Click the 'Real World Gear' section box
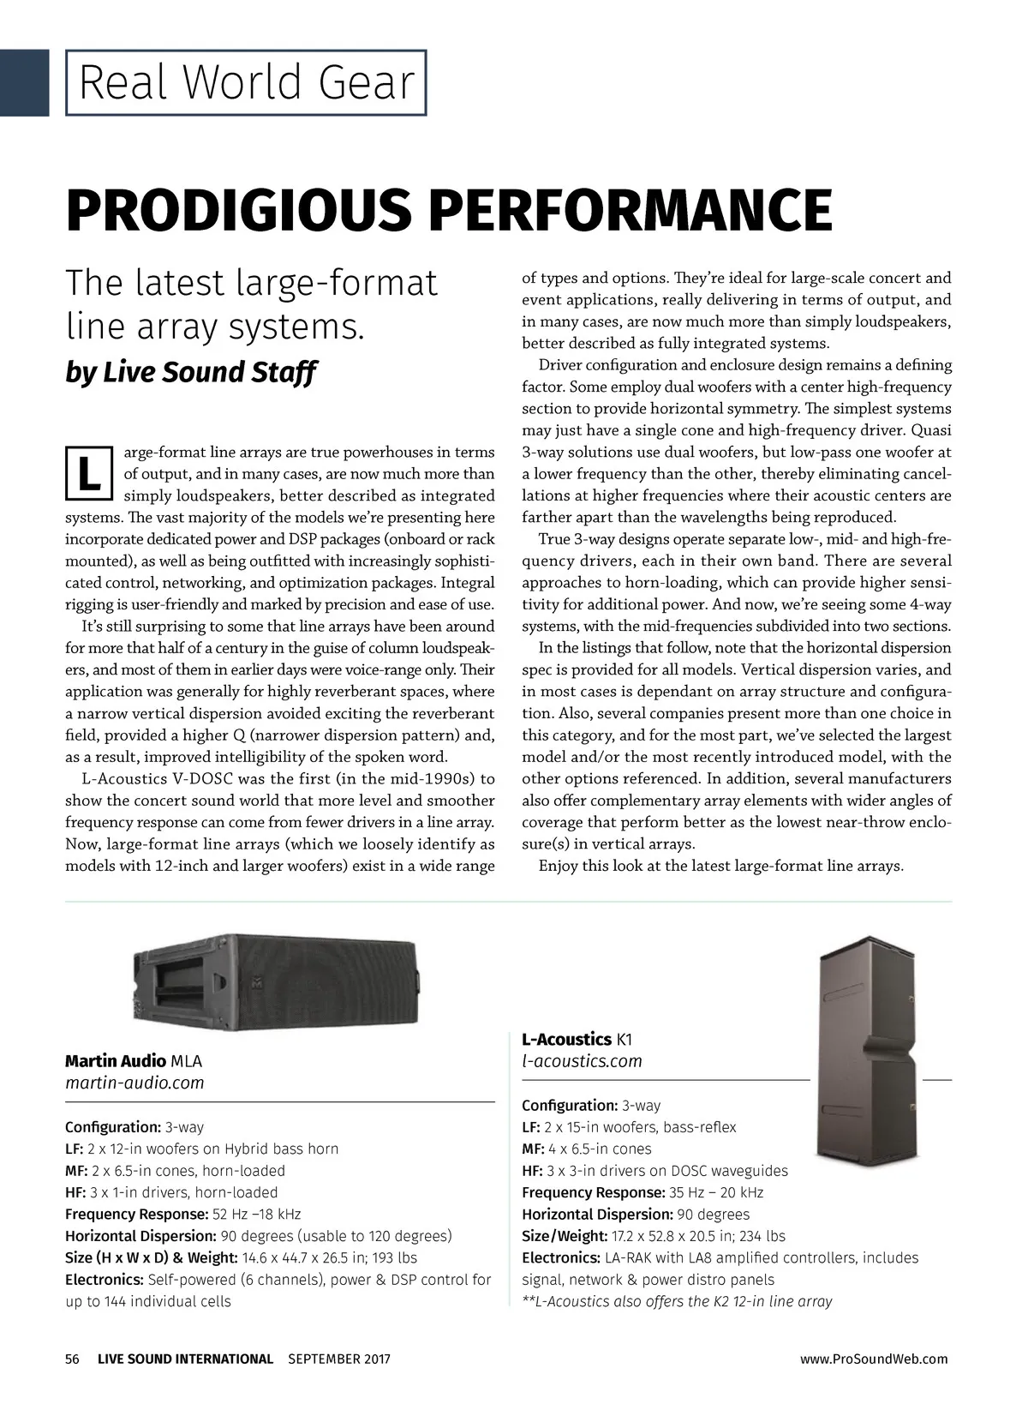click(246, 82)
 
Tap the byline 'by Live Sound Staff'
click(191, 372)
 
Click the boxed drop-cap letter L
click(88, 472)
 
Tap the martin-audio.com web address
click(134, 1083)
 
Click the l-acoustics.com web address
click(582, 1061)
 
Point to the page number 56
click(72, 1359)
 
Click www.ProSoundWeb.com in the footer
click(873, 1359)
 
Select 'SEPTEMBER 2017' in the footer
click(338, 1359)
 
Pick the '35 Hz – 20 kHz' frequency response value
click(715, 1192)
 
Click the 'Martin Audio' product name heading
click(116, 1061)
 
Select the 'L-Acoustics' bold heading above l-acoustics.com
click(566, 1040)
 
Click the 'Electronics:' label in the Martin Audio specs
click(104, 1280)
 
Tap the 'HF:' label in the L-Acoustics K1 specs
click(532, 1171)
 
